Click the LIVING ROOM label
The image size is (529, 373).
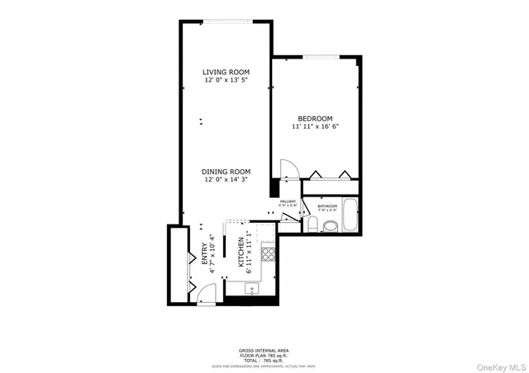(x=226, y=73)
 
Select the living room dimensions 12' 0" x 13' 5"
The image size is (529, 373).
(x=226, y=81)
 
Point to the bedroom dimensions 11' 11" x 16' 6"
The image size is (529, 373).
(x=315, y=127)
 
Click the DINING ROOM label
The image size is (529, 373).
(x=226, y=171)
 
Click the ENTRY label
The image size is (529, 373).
(x=204, y=254)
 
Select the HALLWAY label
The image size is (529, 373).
(x=288, y=201)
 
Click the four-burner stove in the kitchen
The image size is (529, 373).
(x=267, y=253)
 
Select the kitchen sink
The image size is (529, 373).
(x=252, y=289)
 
